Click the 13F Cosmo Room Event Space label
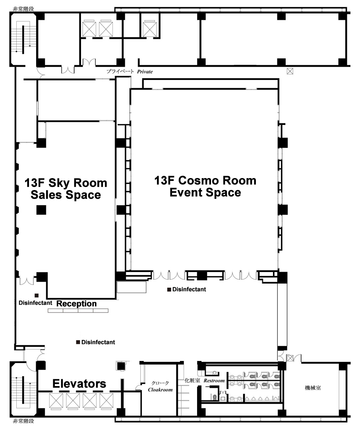(205, 186)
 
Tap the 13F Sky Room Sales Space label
(66, 189)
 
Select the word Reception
(77, 303)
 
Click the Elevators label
(79, 384)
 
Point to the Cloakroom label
(160, 390)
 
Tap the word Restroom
(214, 380)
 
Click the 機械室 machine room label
(313, 388)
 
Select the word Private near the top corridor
(145, 72)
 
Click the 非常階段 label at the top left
(23, 9)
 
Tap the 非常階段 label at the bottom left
(23, 421)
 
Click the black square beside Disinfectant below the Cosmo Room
(169, 289)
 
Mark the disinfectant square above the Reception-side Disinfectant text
(36, 295)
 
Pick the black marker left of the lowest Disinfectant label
(78, 342)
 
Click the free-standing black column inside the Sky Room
(41, 210)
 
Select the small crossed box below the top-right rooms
(290, 72)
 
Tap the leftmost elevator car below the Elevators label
(56, 400)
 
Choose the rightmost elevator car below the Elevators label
(106, 400)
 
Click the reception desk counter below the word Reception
(78, 311)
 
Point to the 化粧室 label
(192, 380)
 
